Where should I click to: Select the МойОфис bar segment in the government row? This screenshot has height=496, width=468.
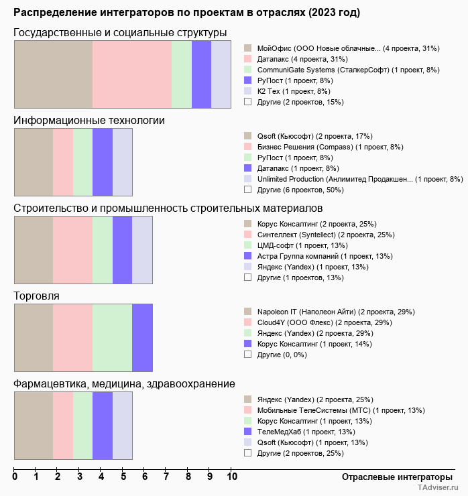pos(54,74)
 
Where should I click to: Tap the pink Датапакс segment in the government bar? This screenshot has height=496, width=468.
pos(132,74)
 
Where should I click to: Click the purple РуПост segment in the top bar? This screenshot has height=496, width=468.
pos(201,74)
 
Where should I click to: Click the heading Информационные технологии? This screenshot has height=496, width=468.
pos(89,121)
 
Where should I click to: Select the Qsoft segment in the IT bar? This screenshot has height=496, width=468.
pos(34,162)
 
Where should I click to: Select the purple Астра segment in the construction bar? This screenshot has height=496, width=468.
pos(122,249)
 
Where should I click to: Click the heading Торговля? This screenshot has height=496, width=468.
pos(36,296)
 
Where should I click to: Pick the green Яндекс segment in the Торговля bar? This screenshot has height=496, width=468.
pos(112,337)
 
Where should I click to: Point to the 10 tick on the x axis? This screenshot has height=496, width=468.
pos(231,477)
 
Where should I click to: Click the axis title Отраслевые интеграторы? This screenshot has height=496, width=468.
pos(392,477)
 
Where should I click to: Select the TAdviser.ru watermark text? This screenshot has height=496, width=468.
pos(438,489)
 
